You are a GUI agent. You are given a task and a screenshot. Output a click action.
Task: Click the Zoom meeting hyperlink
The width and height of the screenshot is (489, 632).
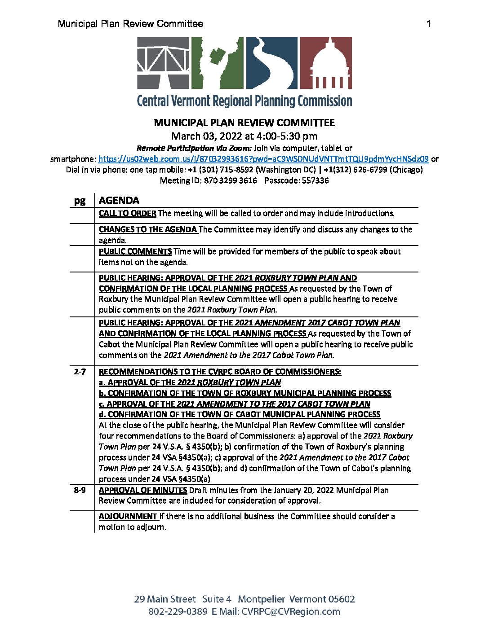(x=263, y=159)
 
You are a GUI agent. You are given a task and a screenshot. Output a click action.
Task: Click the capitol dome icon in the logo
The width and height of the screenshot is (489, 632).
(x=326, y=62)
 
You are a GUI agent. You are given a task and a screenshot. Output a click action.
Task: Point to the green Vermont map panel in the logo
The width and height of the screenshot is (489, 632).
(x=218, y=62)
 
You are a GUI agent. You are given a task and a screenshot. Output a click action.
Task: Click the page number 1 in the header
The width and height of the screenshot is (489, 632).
(x=428, y=24)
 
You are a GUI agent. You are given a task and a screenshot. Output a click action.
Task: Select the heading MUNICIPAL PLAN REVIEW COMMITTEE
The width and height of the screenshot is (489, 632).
(x=244, y=123)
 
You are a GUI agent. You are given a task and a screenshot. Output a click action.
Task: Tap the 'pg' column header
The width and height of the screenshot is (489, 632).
(x=80, y=200)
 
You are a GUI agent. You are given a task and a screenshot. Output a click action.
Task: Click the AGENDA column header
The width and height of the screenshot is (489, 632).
(x=119, y=200)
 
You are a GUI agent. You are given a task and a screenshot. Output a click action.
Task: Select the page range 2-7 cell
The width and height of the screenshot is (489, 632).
(x=80, y=372)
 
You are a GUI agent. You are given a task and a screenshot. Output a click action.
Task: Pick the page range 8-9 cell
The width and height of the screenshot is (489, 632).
(x=80, y=490)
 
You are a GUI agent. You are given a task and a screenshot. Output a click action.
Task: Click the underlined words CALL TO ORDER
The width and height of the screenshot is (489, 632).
(x=128, y=213)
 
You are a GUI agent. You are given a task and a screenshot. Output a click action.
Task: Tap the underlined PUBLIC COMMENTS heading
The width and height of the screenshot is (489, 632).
(x=135, y=251)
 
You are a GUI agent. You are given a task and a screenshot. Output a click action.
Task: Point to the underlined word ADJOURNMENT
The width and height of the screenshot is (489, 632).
(x=128, y=516)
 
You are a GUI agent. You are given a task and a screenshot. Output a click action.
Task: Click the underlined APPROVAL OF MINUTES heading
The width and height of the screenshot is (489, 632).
(x=143, y=490)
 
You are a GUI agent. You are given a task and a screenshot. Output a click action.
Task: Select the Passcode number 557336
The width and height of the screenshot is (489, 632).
(x=315, y=180)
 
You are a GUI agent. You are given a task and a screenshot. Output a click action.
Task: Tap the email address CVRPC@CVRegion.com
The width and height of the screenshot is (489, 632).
(x=291, y=611)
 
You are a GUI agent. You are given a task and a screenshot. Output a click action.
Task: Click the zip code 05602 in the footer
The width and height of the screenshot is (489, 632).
(x=342, y=599)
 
